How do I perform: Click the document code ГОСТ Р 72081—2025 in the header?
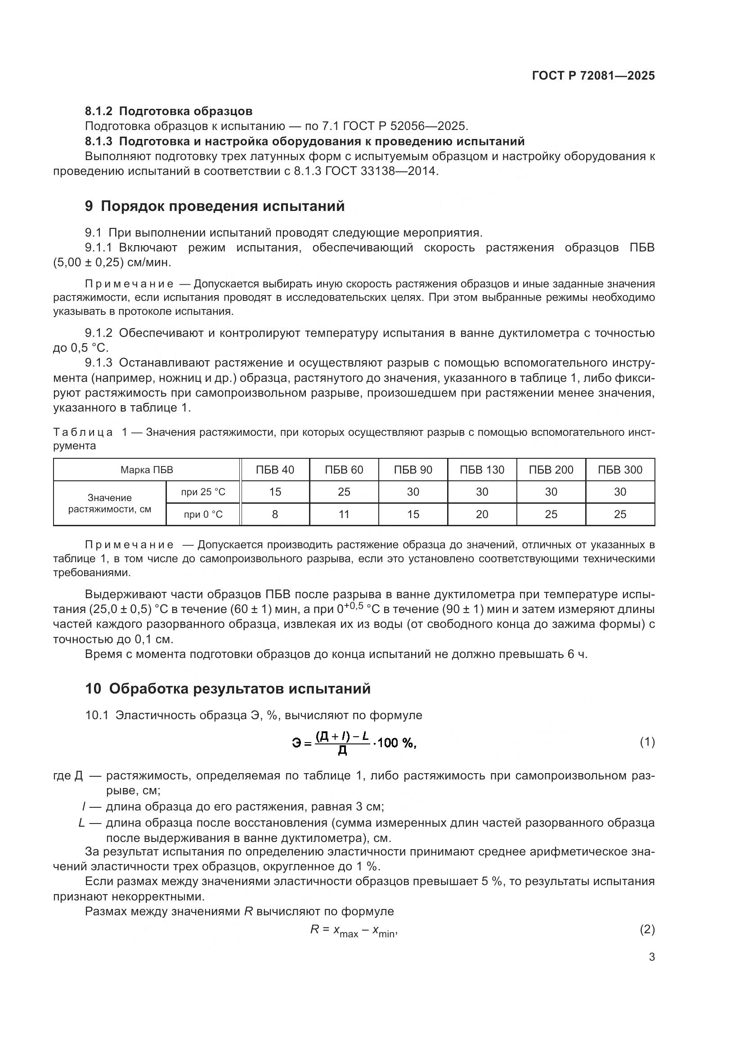point(593,76)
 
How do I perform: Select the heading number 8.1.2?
point(99,111)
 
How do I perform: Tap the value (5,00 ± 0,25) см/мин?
point(112,263)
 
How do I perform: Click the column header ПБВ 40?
point(275,470)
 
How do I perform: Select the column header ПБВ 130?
point(481,470)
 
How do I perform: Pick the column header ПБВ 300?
point(620,470)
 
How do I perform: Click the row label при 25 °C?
point(203,492)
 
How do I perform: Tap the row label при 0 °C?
point(203,515)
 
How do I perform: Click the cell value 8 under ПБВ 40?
point(275,515)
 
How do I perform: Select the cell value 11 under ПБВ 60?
point(344,515)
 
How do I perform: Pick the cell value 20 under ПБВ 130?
point(481,515)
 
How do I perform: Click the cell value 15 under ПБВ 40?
point(275,492)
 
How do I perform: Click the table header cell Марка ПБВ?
point(147,470)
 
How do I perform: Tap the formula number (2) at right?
point(647,930)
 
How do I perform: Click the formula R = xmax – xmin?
point(353,931)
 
